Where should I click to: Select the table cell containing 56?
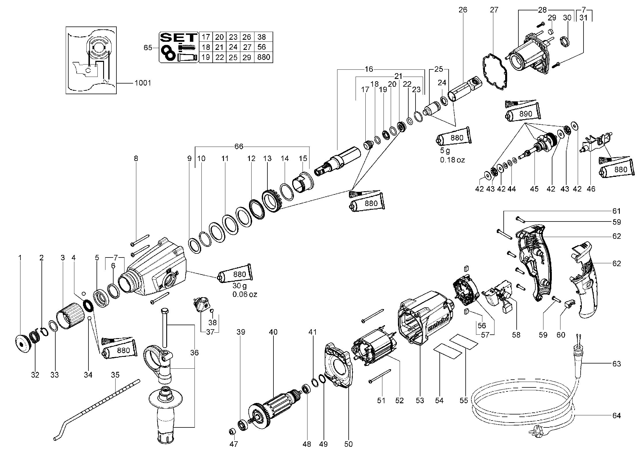pyautogui.click(x=262, y=47)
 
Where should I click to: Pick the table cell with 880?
pyautogui.click(x=264, y=57)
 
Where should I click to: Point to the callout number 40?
pyautogui.click(x=273, y=332)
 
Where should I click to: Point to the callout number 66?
pyautogui.click(x=239, y=147)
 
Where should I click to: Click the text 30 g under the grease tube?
pyautogui.click(x=240, y=286)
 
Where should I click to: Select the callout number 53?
pyautogui.click(x=420, y=400)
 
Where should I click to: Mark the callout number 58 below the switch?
pyautogui.click(x=516, y=335)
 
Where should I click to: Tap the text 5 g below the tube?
pyautogui.click(x=445, y=150)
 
